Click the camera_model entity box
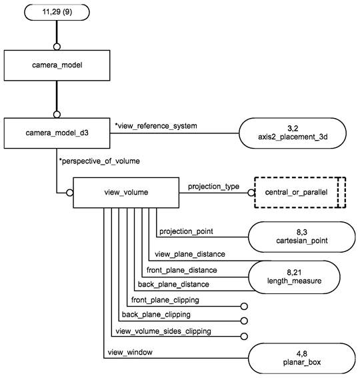pyautogui.click(x=57, y=65)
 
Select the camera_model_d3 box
pyautogui.click(x=57, y=133)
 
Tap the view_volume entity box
pyautogui.click(x=126, y=193)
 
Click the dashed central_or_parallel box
pyautogui.click(x=300, y=193)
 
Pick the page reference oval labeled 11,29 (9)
pyautogui.click(x=57, y=12)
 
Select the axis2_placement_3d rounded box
pyautogui.click(x=293, y=133)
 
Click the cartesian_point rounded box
pyautogui.click(x=301, y=237)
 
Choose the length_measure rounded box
pyautogui.click(x=294, y=277)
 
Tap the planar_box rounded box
pyautogui.click(x=301, y=358)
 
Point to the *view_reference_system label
pyautogui.click(x=156, y=126)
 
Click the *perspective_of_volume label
pyautogui.click(x=99, y=161)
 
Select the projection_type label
pyautogui.click(x=213, y=187)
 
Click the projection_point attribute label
pyautogui.click(x=186, y=231)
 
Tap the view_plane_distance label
pyautogui.click(x=190, y=254)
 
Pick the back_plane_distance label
pyautogui.click(x=173, y=285)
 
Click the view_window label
pyautogui.click(x=130, y=352)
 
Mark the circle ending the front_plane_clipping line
pyautogui.click(x=244, y=307)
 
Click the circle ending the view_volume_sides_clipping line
pyautogui.click(x=244, y=336)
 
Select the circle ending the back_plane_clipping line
pyautogui.click(x=244, y=321)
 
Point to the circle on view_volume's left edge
pyautogui.click(x=70, y=193)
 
